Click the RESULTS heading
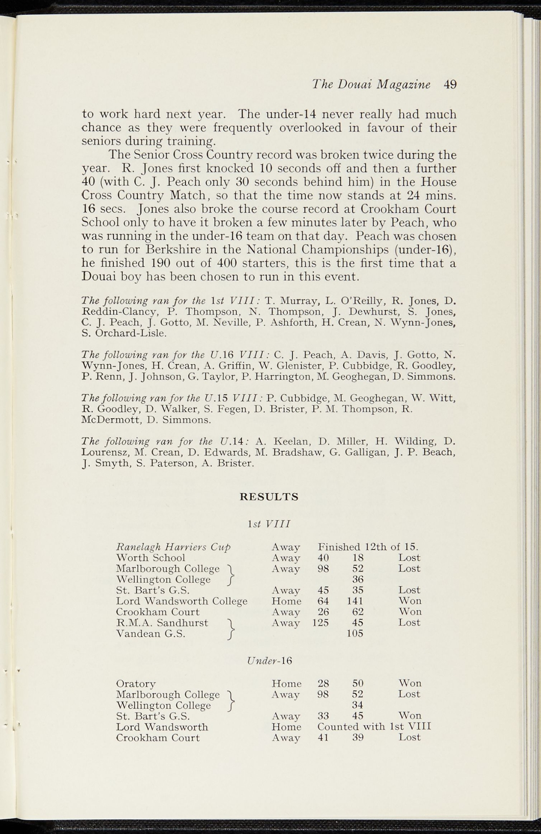coord(269,497)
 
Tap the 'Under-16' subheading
coord(269,661)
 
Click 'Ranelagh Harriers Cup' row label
coord(173,546)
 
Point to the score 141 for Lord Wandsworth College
coord(355,601)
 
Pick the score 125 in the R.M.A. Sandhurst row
coord(320,623)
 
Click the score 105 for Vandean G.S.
coord(355,634)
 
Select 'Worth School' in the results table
coord(150,557)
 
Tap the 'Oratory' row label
coord(136,683)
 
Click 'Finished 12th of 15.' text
coord(368,546)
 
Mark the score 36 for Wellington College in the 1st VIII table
coord(358,579)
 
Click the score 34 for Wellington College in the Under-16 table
coord(358,705)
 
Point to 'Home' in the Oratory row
coord(287,683)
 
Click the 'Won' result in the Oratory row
coord(410,683)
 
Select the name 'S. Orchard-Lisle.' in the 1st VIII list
coord(124,334)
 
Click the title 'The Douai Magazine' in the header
coord(371,84)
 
